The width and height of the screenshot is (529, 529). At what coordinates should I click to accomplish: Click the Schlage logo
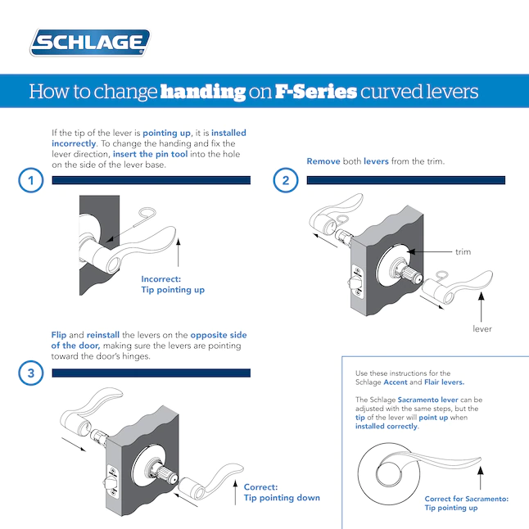click(90, 43)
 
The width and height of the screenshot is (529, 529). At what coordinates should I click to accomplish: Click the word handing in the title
click(202, 91)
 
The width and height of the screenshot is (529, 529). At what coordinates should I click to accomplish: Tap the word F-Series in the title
click(315, 91)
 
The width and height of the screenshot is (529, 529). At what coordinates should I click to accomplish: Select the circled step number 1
click(30, 181)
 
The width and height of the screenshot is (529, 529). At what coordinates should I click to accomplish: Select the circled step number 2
click(285, 181)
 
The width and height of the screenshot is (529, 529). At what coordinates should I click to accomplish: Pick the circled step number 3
click(30, 374)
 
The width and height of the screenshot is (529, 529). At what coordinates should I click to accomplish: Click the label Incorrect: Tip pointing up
click(173, 284)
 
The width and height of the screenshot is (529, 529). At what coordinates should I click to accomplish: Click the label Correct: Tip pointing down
click(281, 491)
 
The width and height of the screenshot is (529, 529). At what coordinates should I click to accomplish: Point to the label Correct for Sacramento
click(466, 503)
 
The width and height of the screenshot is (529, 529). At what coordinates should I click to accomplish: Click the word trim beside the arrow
click(463, 251)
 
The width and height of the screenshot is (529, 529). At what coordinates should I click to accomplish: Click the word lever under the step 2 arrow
click(482, 328)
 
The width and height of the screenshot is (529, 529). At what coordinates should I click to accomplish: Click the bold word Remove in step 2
click(323, 161)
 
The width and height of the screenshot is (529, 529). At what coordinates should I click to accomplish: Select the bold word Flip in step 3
click(59, 336)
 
